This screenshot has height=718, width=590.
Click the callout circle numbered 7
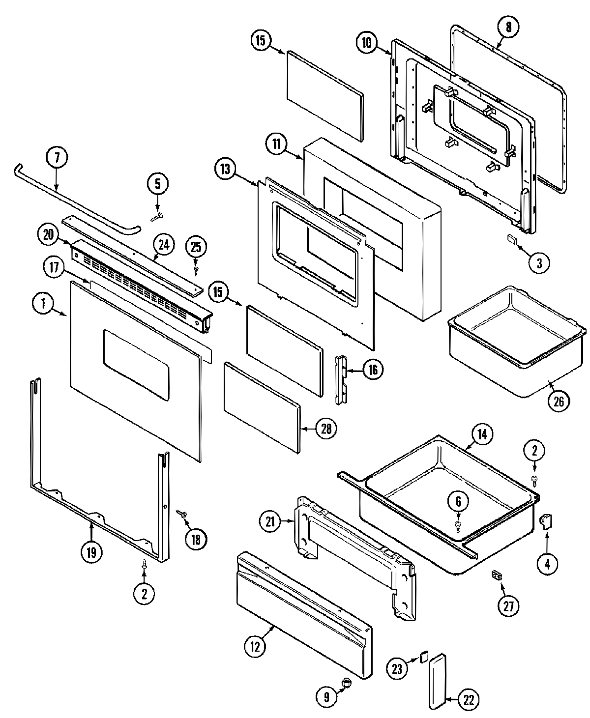57,159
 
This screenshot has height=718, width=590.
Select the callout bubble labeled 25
196,248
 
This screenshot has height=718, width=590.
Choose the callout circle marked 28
326,429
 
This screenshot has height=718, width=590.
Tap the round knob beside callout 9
347,682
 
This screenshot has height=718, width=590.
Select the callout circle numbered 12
256,646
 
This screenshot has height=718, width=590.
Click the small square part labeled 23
424,656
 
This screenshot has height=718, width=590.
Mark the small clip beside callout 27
497,575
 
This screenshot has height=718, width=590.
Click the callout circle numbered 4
547,564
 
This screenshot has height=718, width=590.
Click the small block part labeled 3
512,239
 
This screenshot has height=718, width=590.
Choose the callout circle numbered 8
508,28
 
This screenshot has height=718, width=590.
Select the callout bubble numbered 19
91,552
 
